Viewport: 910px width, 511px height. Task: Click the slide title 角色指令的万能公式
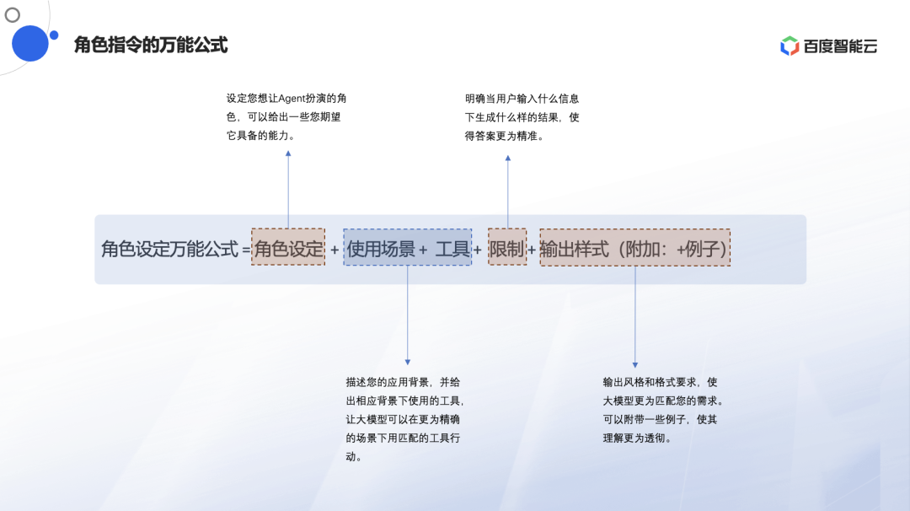click(151, 45)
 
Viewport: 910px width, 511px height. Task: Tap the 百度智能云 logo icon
click(790, 46)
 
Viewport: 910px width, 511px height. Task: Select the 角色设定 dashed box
click(288, 248)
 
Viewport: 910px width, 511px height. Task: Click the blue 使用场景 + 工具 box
click(407, 248)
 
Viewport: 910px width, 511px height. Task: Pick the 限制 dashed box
click(507, 248)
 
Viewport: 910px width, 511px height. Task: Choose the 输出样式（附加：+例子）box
click(634, 248)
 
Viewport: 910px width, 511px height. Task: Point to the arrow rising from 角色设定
click(288, 190)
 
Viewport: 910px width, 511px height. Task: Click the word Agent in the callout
click(292, 99)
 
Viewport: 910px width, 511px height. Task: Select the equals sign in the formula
click(246, 250)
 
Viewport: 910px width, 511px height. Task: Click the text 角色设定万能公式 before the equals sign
click(169, 250)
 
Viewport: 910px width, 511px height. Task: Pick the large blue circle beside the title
click(29, 43)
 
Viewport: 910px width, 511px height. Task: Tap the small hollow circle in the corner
click(13, 14)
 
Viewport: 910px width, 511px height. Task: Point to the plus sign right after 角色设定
click(335, 250)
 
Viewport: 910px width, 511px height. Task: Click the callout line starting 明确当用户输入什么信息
click(522, 99)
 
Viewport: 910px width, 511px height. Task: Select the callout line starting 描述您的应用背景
click(402, 381)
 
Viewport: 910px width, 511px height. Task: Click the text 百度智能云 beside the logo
click(840, 46)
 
